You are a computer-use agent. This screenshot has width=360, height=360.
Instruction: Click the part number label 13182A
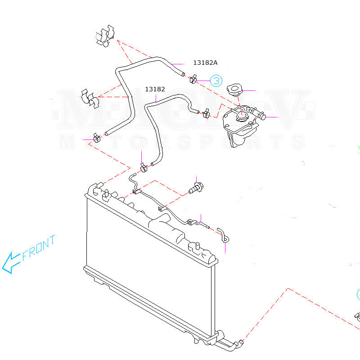208,63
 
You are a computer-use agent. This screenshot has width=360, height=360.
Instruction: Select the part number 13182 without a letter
154,89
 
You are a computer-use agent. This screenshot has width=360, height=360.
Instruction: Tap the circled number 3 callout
216,81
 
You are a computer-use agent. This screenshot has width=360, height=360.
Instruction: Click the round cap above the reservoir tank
235,89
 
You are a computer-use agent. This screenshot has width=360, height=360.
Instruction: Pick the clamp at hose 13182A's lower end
95,137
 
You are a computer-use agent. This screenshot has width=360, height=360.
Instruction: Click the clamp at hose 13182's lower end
144,168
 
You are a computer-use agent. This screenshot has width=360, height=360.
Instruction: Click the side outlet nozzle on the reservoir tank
259,115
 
